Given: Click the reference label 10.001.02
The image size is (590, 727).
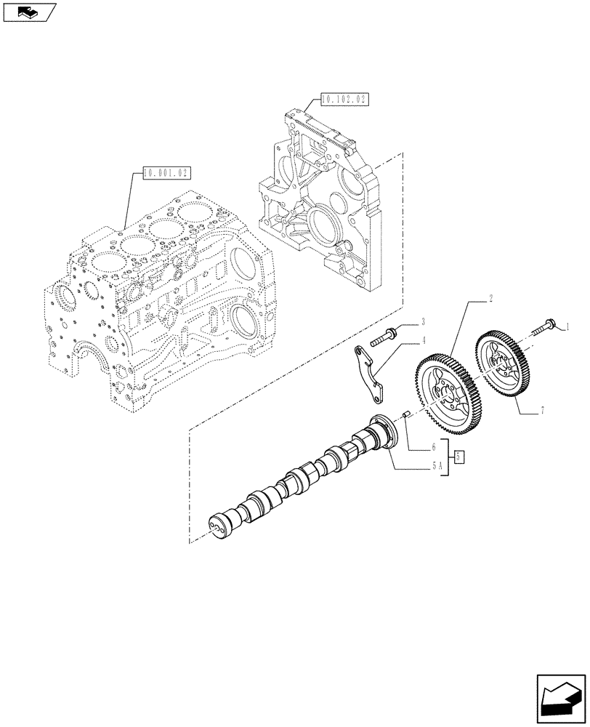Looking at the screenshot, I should click(x=166, y=173).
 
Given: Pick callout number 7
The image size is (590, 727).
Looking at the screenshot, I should click(x=542, y=412).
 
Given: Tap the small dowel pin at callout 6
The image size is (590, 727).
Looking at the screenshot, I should click(x=407, y=415).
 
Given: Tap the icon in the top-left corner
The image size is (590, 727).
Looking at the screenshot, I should click(x=28, y=12).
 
